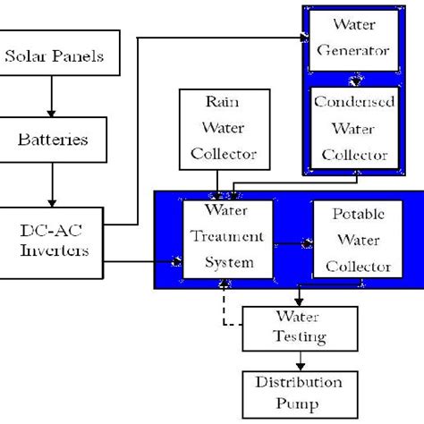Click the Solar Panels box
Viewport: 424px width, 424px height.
(x=54, y=57)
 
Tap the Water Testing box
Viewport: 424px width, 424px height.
(x=300, y=327)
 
